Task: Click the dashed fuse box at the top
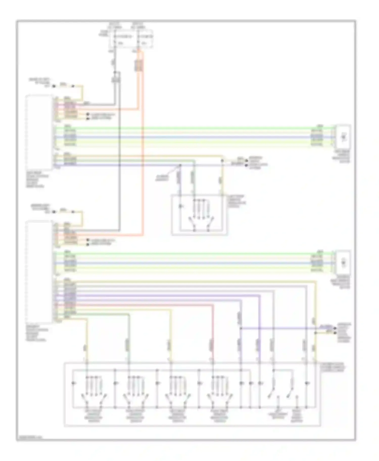[131, 39]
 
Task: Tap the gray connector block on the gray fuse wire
[116, 80]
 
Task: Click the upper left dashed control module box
[39, 132]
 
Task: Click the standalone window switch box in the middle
[199, 215]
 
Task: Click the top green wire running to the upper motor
[192, 128]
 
